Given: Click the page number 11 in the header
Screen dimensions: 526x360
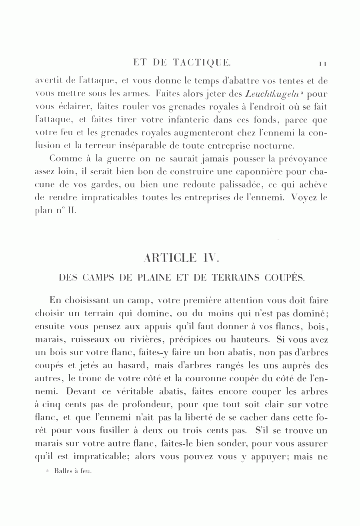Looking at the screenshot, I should coord(323,63).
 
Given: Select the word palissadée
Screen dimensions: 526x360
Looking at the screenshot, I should coord(220,185).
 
